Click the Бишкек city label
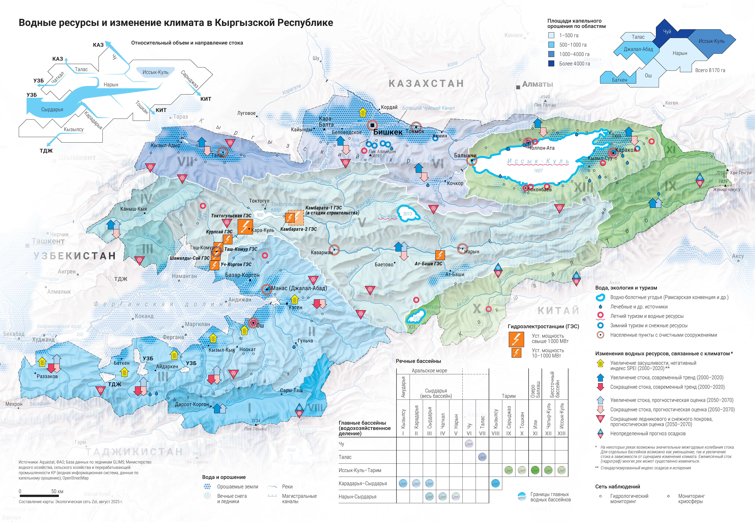click(388, 132)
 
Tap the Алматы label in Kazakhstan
click(538, 84)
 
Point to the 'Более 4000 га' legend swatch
click(551, 63)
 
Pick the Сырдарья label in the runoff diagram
click(52, 110)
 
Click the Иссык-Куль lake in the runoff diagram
click(155, 72)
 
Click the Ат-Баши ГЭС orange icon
click(440, 255)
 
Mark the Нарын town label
click(472, 252)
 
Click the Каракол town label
click(626, 150)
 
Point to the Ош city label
click(260, 325)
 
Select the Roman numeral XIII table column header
click(561, 433)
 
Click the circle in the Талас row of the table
click(482, 457)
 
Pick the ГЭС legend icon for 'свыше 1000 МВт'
click(516, 339)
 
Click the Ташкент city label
click(48, 241)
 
